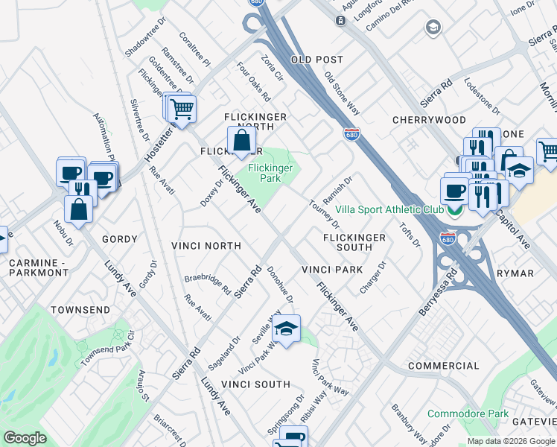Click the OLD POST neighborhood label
pos(317,60)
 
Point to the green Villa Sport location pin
pos(454,210)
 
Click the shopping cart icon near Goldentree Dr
pos(181,110)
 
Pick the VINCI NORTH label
pos(206,246)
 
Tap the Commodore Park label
pos(468,413)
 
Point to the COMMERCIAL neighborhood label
pos(444,367)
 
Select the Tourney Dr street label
pos(324,214)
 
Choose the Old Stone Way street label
pos(343,93)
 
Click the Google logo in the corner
pos(25,438)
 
